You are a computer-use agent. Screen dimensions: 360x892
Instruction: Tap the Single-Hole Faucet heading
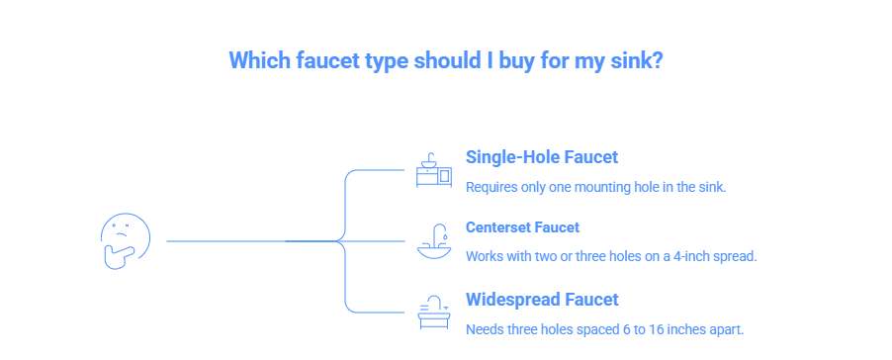click(541, 157)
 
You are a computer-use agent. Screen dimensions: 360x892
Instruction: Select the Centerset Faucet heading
click(522, 227)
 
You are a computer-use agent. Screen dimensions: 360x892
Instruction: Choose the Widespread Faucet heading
click(541, 300)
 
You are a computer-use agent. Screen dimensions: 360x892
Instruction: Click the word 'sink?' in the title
click(637, 60)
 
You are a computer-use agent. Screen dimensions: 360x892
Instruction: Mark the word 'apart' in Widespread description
click(728, 328)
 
